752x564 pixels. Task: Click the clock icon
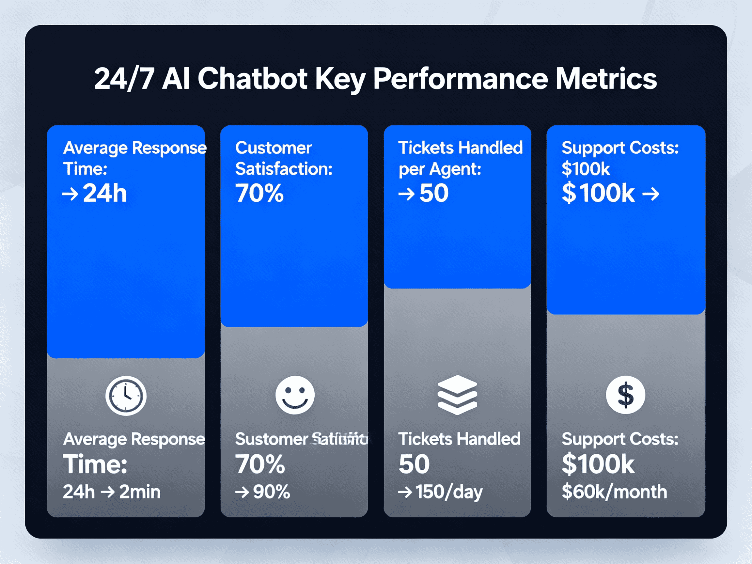click(x=126, y=396)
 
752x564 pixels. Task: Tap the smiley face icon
click(x=295, y=395)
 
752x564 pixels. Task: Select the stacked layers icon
click(x=457, y=395)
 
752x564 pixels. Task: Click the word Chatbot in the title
click(x=252, y=79)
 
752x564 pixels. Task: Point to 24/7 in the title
click(x=124, y=79)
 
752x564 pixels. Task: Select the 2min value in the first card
click(x=140, y=492)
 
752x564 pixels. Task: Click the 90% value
click(x=271, y=492)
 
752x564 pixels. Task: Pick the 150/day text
click(x=449, y=492)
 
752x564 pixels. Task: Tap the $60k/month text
click(x=614, y=492)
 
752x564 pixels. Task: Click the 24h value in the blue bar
click(x=105, y=193)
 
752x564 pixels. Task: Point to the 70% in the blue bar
click(x=259, y=193)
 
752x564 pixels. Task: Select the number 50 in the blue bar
click(x=434, y=193)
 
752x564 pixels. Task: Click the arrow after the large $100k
click(x=650, y=194)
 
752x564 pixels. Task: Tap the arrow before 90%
click(x=242, y=492)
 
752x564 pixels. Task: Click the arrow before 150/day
click(x=405, y=492)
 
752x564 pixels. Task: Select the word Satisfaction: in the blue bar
click(x=284, y=169)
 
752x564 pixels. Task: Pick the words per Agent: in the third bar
click(x=440, y=169)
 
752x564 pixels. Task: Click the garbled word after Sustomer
click(x=340, y=439)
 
